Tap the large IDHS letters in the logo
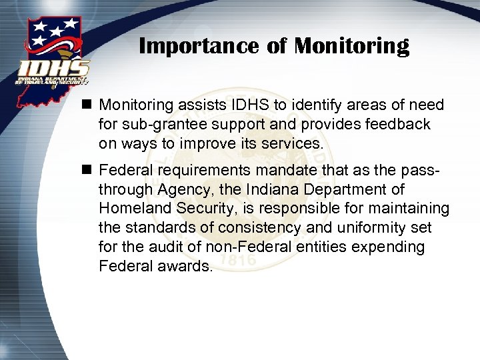[x=53, y=69]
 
